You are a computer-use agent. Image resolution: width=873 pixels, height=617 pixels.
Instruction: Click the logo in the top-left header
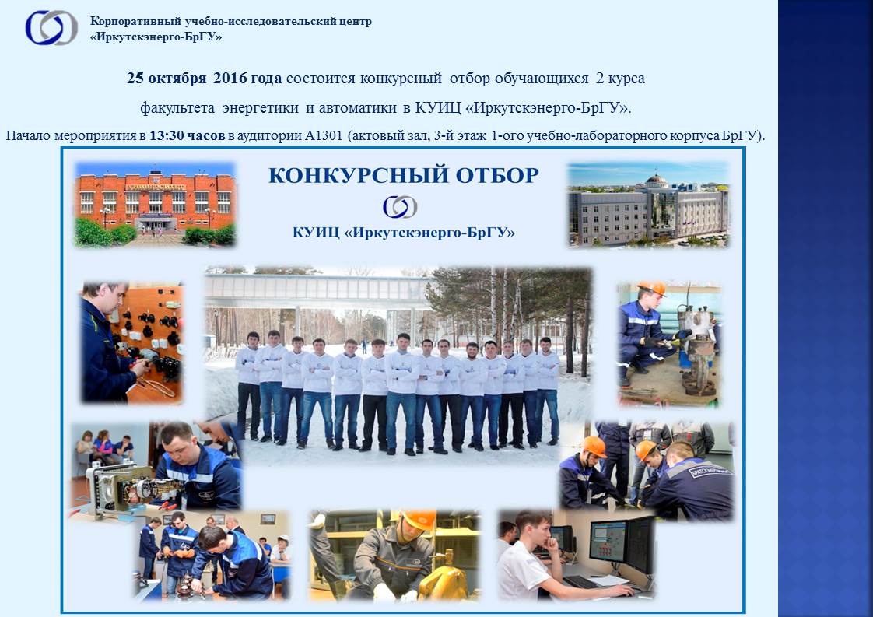51,28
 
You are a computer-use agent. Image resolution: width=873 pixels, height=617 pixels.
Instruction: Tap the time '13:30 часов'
187,135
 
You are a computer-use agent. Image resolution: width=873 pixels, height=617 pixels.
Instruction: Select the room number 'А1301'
324,135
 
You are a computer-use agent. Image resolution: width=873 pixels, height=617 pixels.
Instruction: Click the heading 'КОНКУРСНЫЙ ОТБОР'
404,175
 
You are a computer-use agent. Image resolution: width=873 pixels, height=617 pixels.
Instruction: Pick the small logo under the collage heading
400,207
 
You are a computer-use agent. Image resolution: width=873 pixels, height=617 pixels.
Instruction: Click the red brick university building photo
156,205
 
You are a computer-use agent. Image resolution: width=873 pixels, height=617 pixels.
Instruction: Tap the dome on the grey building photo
656,181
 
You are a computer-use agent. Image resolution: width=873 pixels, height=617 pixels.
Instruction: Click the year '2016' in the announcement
230,78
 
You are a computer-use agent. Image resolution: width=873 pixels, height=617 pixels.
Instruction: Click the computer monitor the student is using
611,542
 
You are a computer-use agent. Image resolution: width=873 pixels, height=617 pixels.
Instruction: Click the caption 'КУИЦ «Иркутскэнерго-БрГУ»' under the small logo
404,232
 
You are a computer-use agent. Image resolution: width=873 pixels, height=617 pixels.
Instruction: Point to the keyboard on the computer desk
582,582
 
